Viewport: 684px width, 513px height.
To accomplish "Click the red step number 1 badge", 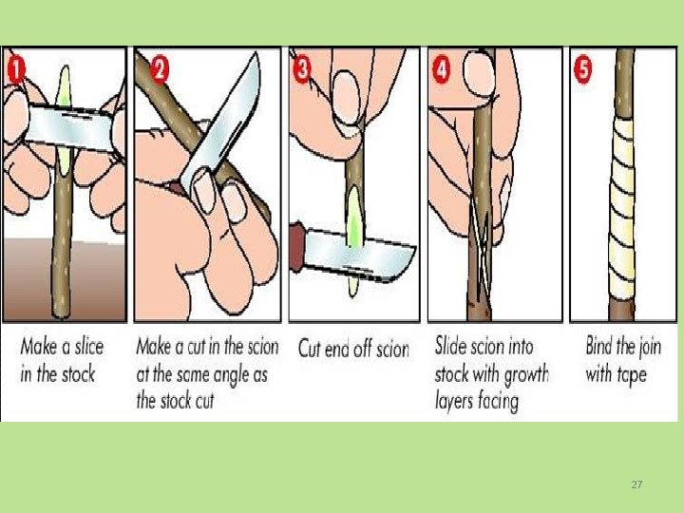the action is [x=16, y=70].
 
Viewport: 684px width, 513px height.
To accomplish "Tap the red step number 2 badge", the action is [x=160, y=69].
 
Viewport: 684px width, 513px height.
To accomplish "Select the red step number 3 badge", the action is [x=302, y=70].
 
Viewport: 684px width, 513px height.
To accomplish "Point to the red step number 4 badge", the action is [x=442, y=70].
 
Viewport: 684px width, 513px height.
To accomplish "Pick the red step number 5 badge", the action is [x=583, y=70].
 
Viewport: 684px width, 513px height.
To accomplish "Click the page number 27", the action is [x=636, y=484].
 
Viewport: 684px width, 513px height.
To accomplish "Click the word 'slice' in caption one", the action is [x=89, y=348].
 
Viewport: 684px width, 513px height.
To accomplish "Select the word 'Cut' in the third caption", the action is [x=310, y=349].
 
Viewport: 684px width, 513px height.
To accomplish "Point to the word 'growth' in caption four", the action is [x=526, y=375].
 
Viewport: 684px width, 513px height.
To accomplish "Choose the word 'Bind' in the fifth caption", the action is [x=598, y=346].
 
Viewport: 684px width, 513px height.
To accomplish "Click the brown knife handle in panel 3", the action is [x=297, y=247].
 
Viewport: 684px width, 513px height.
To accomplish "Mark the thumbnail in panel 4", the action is [x=480, y=75].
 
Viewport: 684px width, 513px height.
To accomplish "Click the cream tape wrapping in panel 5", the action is [x=622, y=208].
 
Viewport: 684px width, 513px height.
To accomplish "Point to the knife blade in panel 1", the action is [x=69, y=127].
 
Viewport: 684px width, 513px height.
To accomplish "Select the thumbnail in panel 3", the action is [x=346, y=99].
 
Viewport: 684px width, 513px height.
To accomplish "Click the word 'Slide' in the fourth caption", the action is [x=449, y=347].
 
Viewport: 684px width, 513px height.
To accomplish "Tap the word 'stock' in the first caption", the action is [x=78, y=375].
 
